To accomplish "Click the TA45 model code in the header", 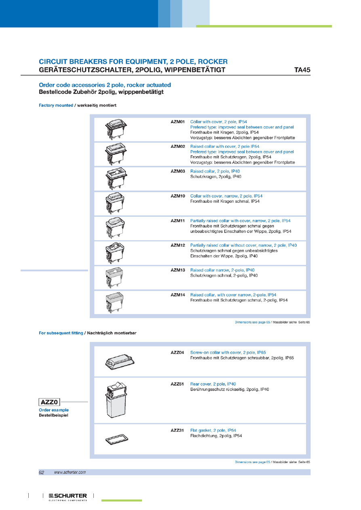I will coord(302,70).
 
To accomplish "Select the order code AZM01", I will coord(177,122).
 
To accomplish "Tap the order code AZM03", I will coord(177,171).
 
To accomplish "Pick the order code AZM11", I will coord(177,221).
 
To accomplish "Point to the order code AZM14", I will coord(177,295).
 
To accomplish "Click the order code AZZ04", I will coord(177,353).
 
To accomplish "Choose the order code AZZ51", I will coord(177,384).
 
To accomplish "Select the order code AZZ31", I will coord(177,431).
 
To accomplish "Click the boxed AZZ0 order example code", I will coord(49,402).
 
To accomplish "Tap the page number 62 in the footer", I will coord(41,472).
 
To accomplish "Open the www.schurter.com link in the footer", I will coord(70,472).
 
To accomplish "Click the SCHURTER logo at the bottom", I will coord(68,496).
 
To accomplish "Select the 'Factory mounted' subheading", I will coord(56,105).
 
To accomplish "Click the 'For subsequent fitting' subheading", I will coord(61,333).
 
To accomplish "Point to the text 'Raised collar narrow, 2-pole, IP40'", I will coord(222,270).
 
